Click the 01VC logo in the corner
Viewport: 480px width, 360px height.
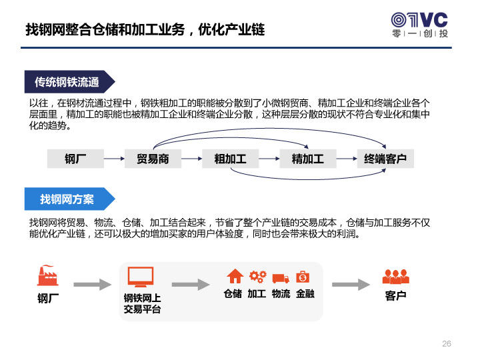[x=420, y=25]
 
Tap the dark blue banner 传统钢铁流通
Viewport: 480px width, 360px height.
[x=69, y=82]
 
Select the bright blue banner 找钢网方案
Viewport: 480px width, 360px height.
[x=69, y=199]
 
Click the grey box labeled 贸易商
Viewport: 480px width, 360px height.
[x=153, y=159]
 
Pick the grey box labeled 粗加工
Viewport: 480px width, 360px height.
[x=230, y=159]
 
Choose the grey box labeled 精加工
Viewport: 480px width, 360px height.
[x=308, y=159]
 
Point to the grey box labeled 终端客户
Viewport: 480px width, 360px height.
[x=385, y=159]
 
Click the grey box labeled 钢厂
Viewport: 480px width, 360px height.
[x=75, y=159]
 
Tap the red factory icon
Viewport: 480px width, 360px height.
[x=48, y=275]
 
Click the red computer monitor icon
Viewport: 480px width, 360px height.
[x=141, y=277]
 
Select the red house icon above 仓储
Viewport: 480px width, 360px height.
[x=235, y=276]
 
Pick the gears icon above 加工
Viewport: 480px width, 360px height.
[x=258, y=277]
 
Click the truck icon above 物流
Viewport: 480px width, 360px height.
[x=281, y=278]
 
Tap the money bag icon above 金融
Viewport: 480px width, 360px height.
[x=303, y=277]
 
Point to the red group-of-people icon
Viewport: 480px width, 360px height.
[x=396, y=277]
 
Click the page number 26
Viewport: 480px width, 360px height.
[x=447, y=343]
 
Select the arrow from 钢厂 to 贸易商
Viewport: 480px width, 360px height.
[x=114, y=159]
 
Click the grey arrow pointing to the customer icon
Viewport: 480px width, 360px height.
[x=351, y=285]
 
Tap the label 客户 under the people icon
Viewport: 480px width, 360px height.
[x=395, y=296]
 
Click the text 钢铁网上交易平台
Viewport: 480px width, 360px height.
[x=143, y=303]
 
